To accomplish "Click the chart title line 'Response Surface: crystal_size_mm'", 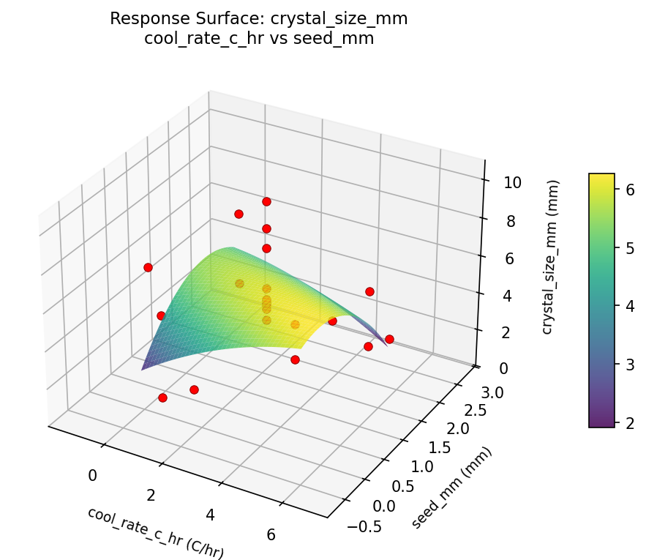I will click(259, 19).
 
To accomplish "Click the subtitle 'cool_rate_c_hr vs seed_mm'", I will click(259, 39).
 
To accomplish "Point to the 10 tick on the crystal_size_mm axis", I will click(512, 182).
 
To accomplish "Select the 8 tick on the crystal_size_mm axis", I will click(512, 221).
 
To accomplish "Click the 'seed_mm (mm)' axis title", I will click(451, 487).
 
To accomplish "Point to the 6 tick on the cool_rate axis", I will click(271, 535).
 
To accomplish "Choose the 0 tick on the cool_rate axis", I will click(92, 476).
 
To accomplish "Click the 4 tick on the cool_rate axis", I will click(211, 515).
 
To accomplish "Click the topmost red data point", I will click(266, 201).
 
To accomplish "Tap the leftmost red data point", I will click(148, 267).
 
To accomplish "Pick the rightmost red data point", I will click(389, 339).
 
